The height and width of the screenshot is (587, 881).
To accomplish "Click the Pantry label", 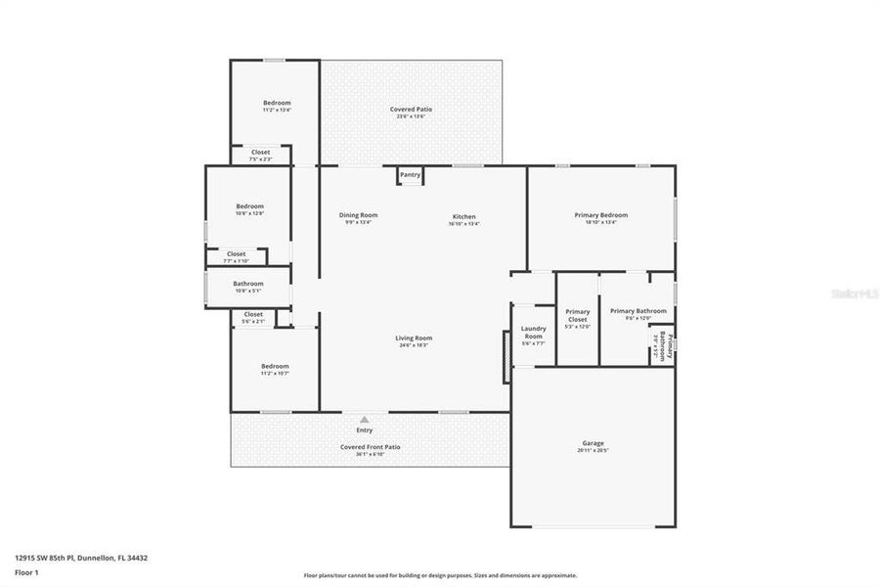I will [410, 175].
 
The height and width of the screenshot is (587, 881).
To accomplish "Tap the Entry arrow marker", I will [365, 420].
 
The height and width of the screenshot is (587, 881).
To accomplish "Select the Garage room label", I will [594, 442].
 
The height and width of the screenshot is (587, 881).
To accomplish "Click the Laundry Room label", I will [533, 333].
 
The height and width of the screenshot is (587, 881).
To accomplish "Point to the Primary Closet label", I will [578, 315].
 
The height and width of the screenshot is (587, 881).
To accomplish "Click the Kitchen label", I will [463, 215].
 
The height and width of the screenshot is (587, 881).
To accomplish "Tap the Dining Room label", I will [358, 215].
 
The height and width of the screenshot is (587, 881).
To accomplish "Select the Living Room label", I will [416, 338].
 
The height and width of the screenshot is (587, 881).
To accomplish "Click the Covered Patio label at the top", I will [411, 110].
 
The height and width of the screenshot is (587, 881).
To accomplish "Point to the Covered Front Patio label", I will [370, 446].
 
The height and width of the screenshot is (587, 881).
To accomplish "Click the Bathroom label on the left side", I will [248, 284].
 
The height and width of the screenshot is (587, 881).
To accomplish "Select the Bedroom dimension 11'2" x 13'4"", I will [277, 111].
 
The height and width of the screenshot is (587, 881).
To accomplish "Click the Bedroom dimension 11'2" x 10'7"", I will [275, 373].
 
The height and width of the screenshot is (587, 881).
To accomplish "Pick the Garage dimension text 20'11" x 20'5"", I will [594, 451].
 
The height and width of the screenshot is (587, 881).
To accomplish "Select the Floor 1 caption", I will [26, 572].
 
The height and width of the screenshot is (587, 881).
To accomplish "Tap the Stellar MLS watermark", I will [853, 292].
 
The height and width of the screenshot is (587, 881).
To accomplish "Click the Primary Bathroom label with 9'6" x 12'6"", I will [639, 311].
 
